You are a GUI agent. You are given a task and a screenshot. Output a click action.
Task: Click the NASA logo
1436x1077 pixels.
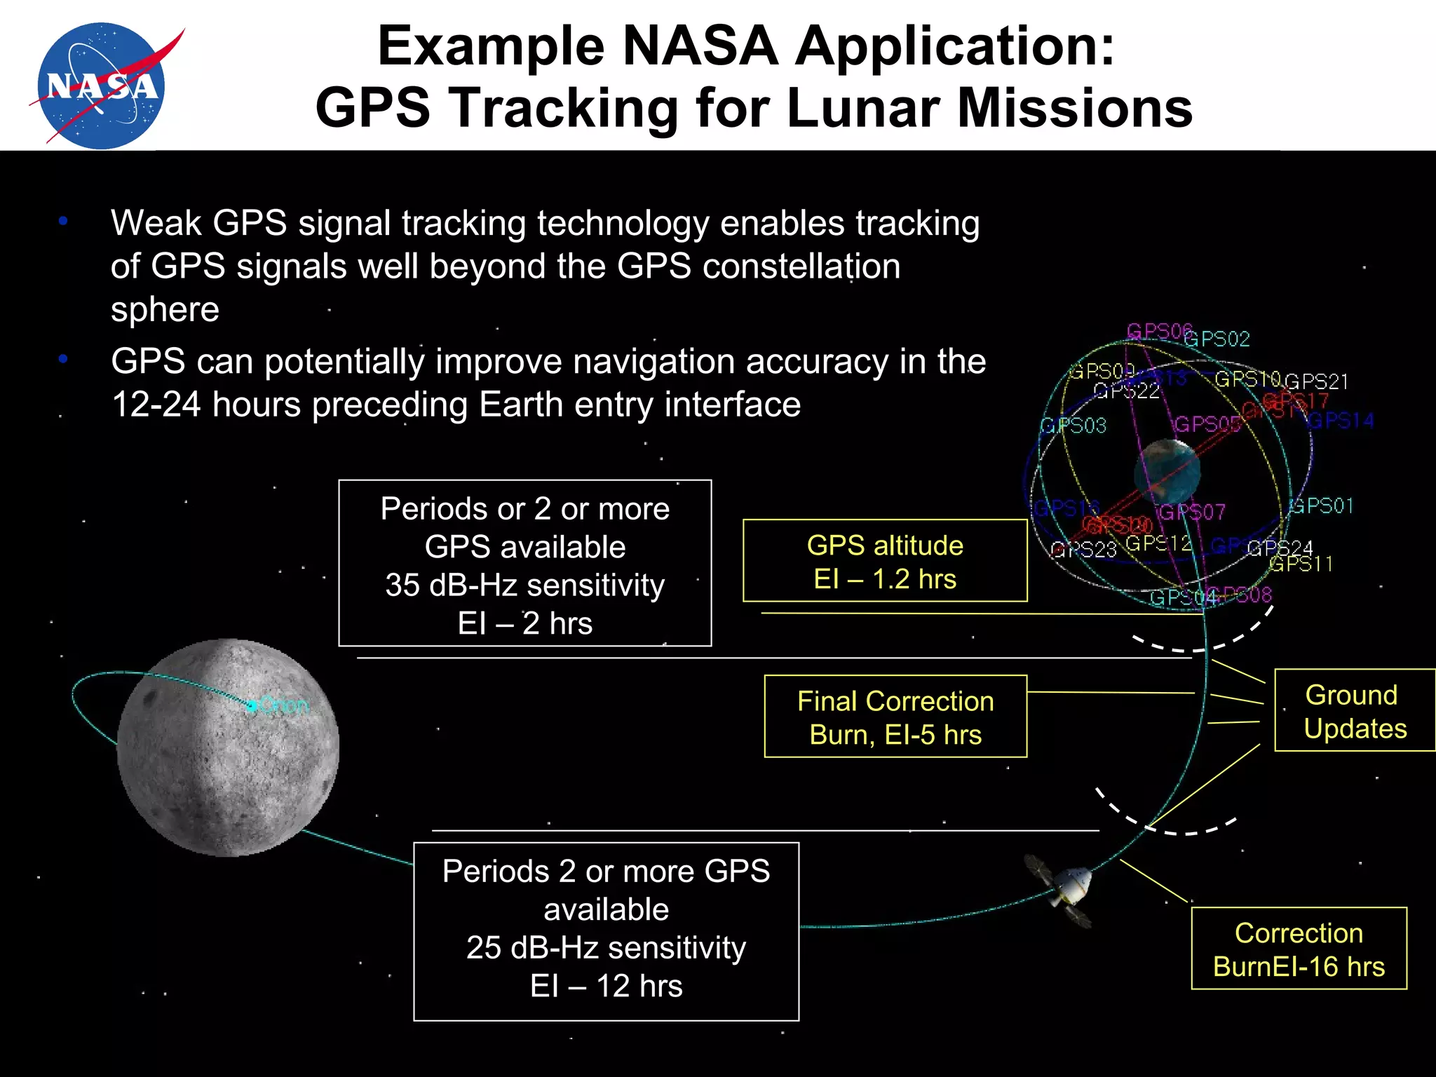(x=102, y=85)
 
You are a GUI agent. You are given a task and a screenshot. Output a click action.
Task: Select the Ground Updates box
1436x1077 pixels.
(x=1354, y=711)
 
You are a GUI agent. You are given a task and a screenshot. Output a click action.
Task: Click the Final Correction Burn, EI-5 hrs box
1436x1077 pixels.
(x=895, y=717)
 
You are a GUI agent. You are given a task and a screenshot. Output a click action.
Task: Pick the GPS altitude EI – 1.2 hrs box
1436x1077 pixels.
(x=885, y=561)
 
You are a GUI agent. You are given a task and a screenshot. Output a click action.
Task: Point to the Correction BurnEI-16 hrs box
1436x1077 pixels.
(x=1299, y=949)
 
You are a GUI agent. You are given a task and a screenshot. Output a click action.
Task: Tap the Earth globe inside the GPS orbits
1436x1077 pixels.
(x=1166, y=472)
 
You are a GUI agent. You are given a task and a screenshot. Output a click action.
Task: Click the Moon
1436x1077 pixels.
(x=228, y=747)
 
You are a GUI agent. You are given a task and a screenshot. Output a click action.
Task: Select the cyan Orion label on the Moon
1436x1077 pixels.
(x=284, y=705)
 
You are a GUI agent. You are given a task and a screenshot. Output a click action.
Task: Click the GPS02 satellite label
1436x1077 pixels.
(x=1218, y=340)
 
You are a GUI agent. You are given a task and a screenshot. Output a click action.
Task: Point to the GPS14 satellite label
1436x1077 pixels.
(x=1341, y=421)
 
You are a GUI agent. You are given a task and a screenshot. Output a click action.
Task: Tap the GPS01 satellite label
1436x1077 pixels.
(x=1322, y=506)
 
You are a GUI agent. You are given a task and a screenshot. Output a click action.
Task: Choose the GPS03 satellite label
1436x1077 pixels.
(x=1073, y=426)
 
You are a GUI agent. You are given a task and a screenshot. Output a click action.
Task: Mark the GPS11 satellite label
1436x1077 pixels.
(x=1301, y=564)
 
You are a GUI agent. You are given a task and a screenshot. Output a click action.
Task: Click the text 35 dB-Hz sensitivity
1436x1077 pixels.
(x=524, y=585)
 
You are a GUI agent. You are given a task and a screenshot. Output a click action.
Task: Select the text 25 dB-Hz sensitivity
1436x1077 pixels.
(x=606, y=947)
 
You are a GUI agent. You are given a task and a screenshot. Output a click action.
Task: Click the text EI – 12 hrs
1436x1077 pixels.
(x=606, y=986)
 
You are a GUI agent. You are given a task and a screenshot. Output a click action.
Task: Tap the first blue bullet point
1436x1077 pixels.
(x=63, y=222)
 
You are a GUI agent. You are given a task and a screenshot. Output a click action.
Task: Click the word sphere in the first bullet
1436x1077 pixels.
(x=165, y=309)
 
